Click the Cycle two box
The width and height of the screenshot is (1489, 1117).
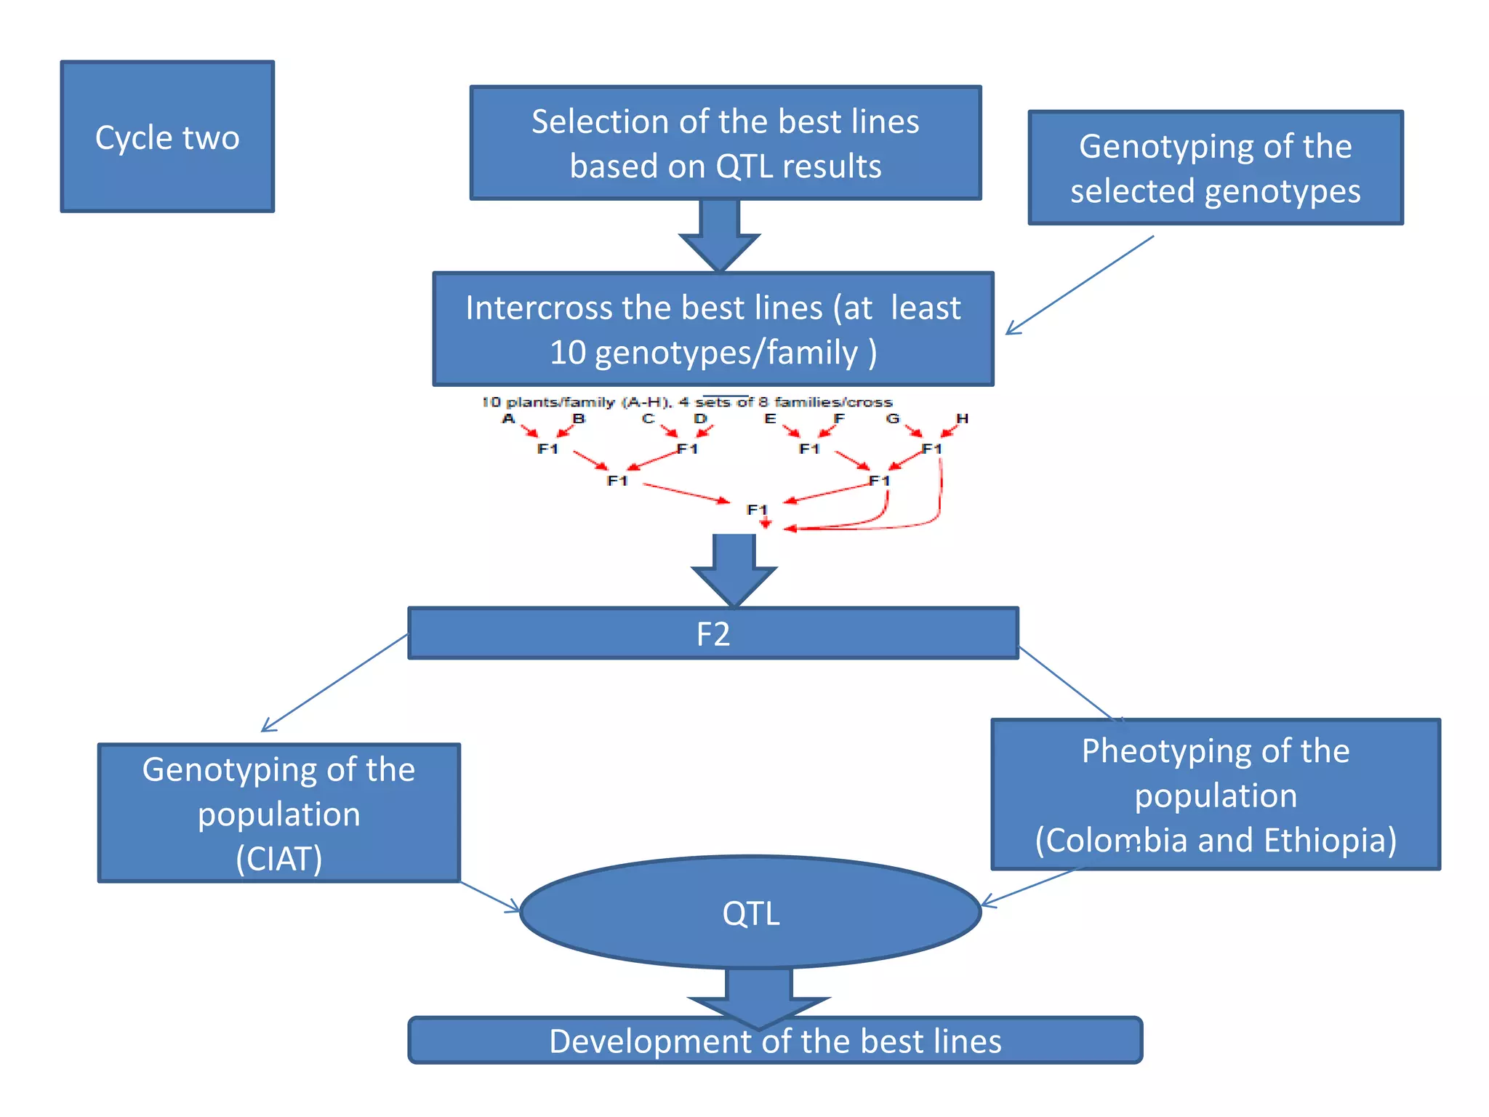point(167,137)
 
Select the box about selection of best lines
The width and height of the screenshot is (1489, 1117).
point(725,143)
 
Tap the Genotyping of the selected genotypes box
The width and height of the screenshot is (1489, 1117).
point(1215,168)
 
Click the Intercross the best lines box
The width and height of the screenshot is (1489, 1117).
point(713,329)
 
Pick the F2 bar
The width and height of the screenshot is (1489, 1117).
point(713,633)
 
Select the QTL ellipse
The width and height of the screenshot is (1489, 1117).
point(750,913)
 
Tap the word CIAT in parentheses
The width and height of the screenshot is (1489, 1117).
point(279,859)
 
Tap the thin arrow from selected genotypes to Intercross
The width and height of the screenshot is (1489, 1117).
point(1080,284)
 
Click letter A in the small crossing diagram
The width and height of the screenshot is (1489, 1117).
point(508,419)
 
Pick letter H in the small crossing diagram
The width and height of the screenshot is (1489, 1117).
point(962,419)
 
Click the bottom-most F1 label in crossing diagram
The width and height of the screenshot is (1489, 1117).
point(757,509)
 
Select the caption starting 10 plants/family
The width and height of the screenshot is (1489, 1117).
point(687,402)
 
